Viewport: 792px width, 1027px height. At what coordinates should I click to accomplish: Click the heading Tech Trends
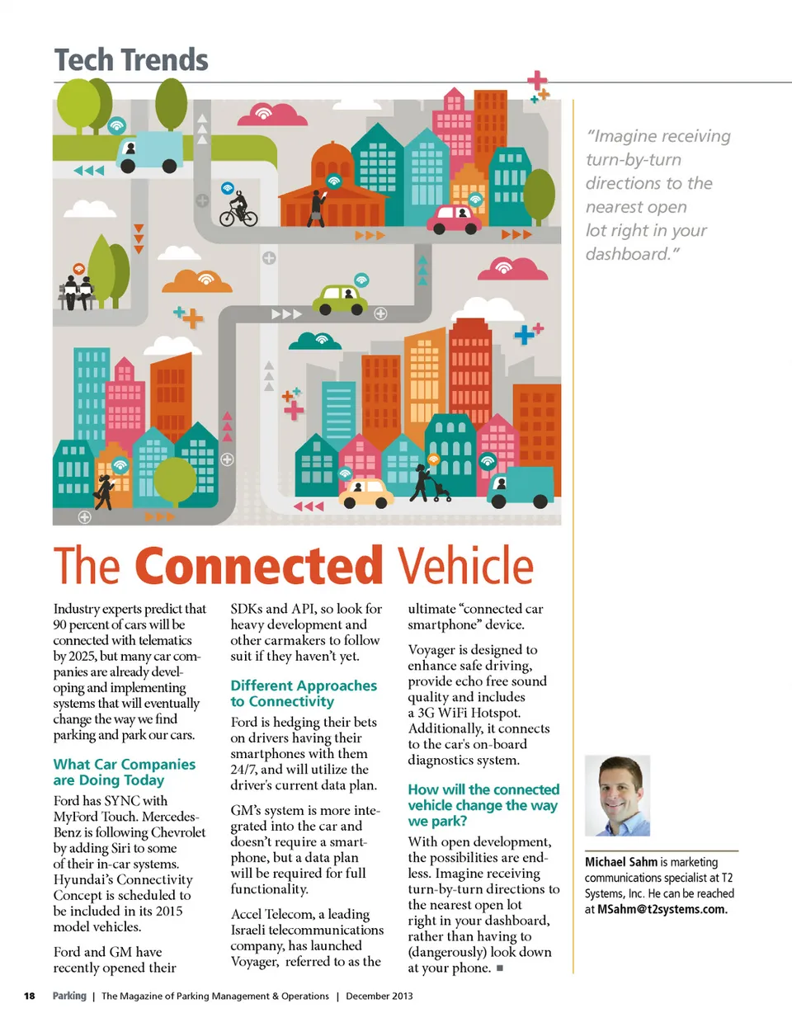(x=130, y=60)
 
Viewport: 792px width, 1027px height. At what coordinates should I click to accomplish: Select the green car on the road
(x=342, y=299)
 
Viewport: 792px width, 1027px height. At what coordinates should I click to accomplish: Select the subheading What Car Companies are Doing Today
(x=124, y=772)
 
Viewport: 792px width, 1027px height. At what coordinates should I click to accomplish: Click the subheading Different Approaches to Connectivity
(x=303, y=693)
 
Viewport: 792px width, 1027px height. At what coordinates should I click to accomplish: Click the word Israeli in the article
(x=252, y=930)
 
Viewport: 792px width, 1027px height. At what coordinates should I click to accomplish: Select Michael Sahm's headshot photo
(x=617, y=795)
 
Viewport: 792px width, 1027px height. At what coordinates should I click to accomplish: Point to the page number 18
(x=30, y=996)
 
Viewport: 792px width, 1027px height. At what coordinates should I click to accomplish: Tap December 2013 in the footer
(x=379, y=996)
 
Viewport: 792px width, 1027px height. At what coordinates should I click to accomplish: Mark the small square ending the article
(x=500, y=968)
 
